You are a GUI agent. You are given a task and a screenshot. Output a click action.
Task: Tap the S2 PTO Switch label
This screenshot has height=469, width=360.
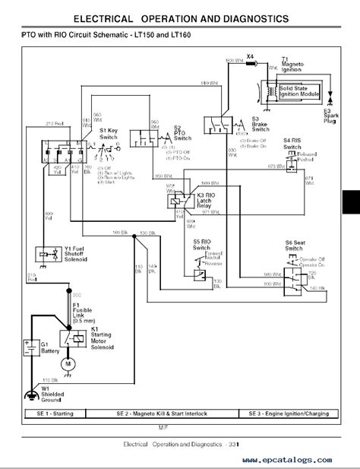[182, 133]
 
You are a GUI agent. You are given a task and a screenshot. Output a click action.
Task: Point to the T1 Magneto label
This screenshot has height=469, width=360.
[294, 65]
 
